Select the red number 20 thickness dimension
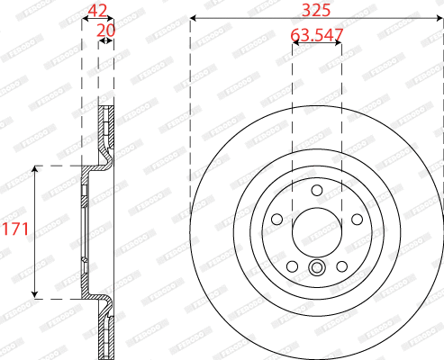pos(106,30)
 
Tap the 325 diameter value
pos(315,11)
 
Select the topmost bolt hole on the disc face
pos(317,190)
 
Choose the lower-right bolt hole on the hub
pos(341,265)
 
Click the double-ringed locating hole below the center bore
pos(317,267)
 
